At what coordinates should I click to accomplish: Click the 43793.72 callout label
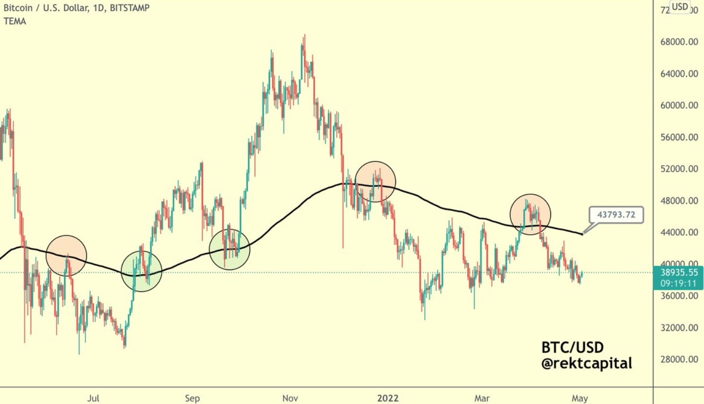[616, 215]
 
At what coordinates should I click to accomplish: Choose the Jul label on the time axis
[93, 398]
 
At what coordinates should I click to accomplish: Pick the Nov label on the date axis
[290, 398]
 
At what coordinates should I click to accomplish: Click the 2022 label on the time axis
[388, 398]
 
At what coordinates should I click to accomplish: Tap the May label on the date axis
[579, 398]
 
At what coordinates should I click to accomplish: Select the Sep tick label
[192, 398]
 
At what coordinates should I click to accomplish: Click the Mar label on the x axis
[482, 398]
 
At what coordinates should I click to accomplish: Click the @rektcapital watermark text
[586, 364]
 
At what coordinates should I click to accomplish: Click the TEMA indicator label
[14, 21]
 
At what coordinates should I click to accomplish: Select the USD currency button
[680, 7]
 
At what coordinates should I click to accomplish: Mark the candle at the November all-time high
[304, 40]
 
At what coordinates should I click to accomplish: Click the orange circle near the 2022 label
[376, 182]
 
